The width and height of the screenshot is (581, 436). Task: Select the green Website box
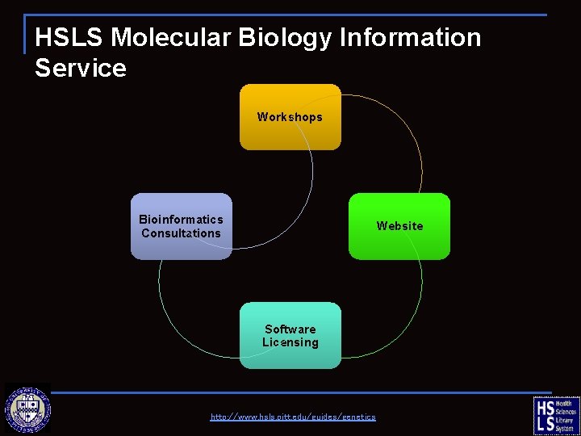399,226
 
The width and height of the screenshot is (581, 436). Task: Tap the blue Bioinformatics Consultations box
181,226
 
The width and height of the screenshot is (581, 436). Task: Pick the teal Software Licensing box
290,335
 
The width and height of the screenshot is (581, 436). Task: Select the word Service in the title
80,68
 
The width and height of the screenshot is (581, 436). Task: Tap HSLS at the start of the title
69,37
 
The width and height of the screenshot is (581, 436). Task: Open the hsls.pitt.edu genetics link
293,417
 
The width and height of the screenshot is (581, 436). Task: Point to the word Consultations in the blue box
181,233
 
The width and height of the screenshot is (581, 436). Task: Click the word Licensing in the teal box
290,342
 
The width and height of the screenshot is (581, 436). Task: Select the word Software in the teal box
290,329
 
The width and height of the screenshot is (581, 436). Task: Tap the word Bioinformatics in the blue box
181,220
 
